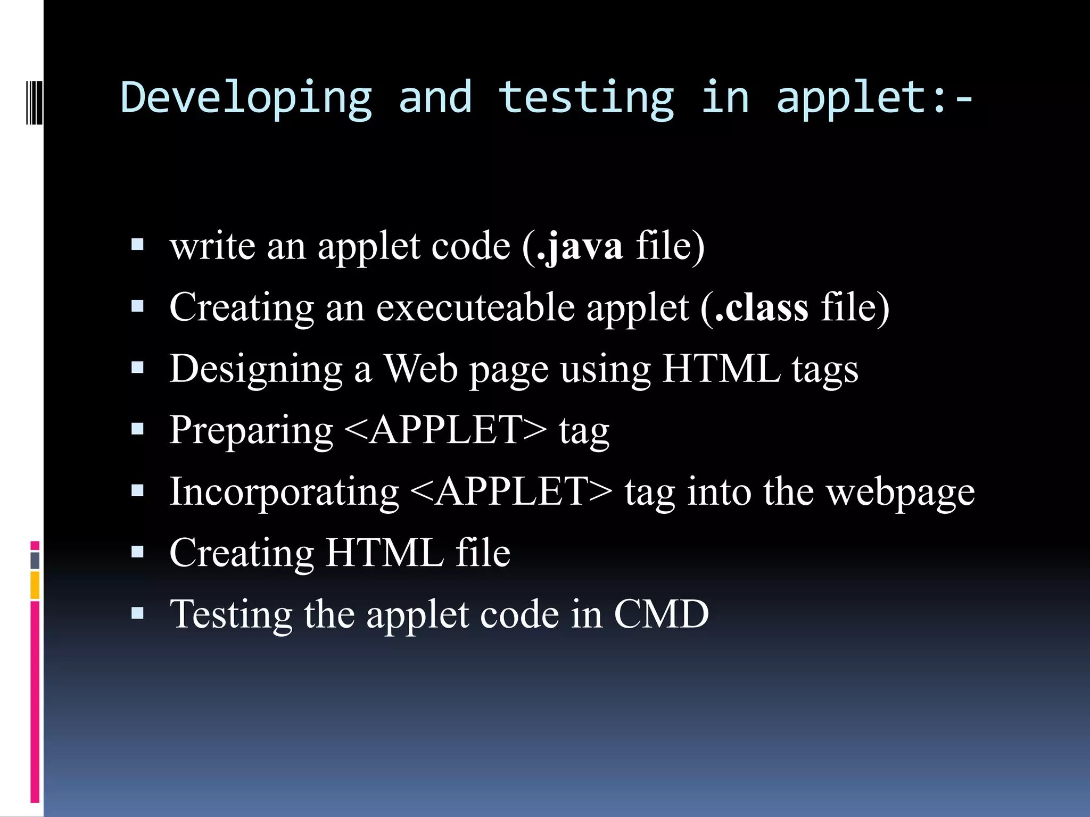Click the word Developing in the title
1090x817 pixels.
(246, 98)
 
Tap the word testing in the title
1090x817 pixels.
(586, 98)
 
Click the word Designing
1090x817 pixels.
(256, 369)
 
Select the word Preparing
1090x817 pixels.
(251, 431)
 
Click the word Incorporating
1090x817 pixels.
(284, 491)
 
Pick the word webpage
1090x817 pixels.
(901, 493)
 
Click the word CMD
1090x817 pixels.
(661, 614)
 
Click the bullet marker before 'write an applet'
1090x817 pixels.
(138, 245)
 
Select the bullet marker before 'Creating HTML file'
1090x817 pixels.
(138, 552)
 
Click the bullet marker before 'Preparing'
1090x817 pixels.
(138, 429)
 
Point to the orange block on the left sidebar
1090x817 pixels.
(35, 585)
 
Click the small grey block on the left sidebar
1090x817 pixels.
(35, 561)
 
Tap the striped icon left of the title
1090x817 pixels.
(34, 101)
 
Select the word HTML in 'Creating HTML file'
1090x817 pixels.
(384, 553)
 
